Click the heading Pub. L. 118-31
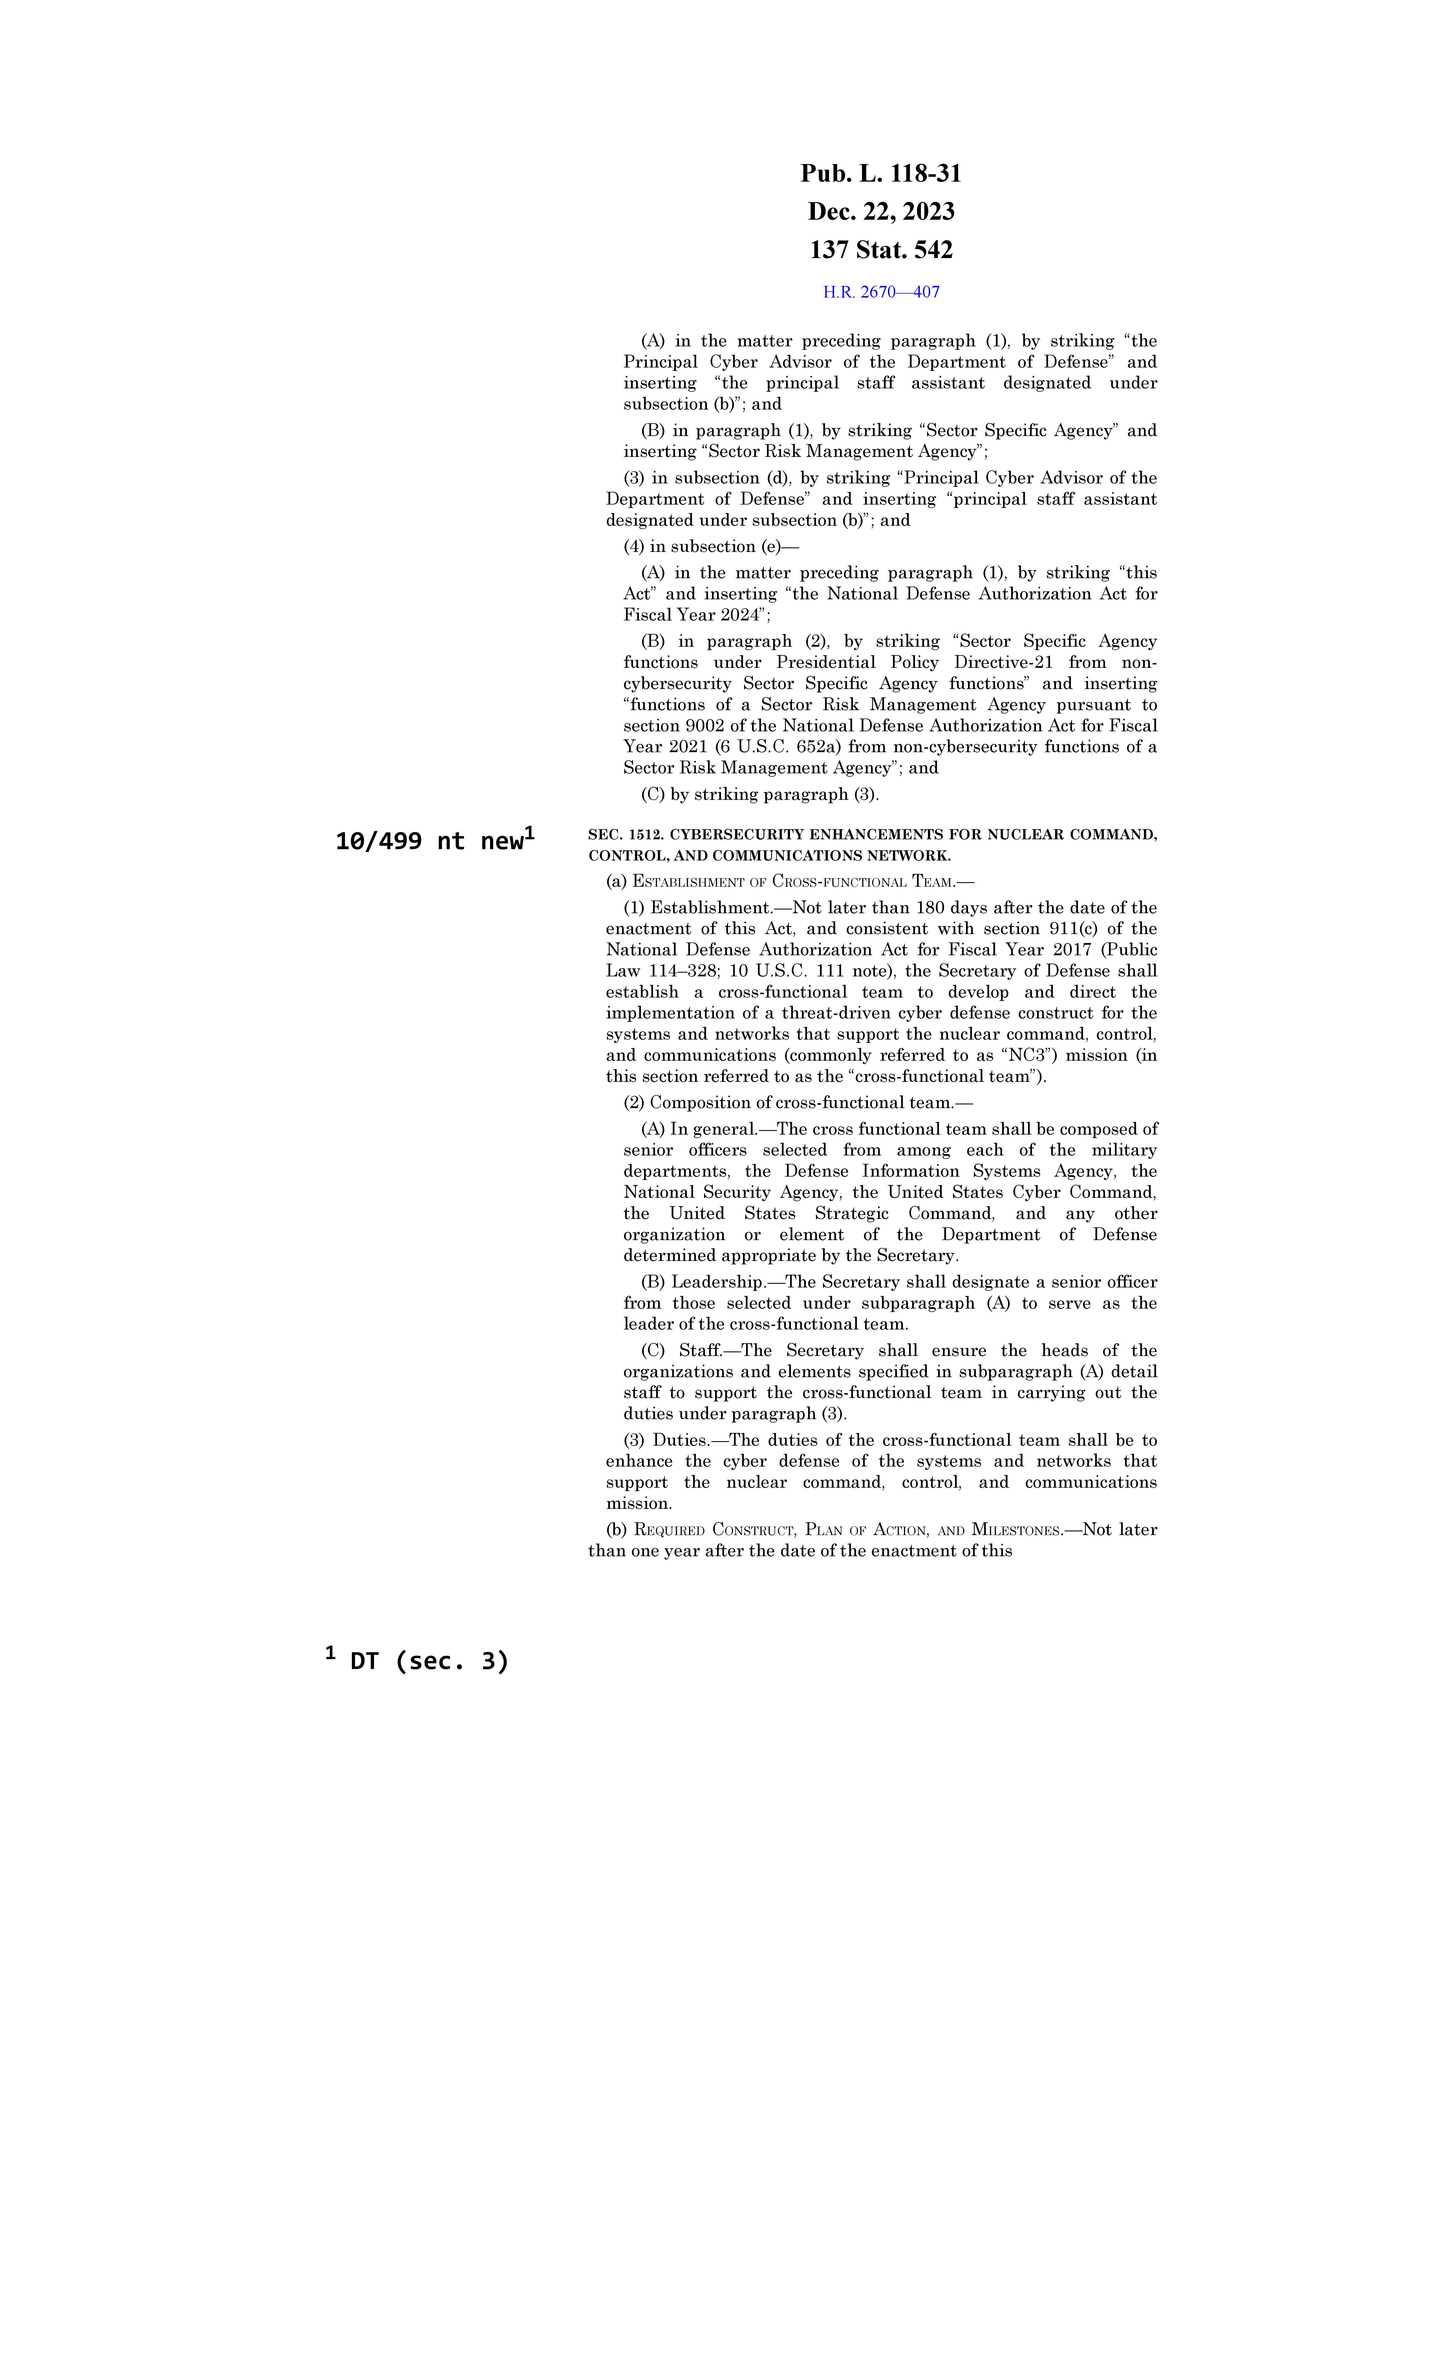[881, 174]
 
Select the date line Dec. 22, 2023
[881, 212]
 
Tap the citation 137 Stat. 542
[881, 250]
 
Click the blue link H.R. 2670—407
[881, 292]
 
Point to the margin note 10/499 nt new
[429, 841]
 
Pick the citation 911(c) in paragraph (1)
[1081, 929]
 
